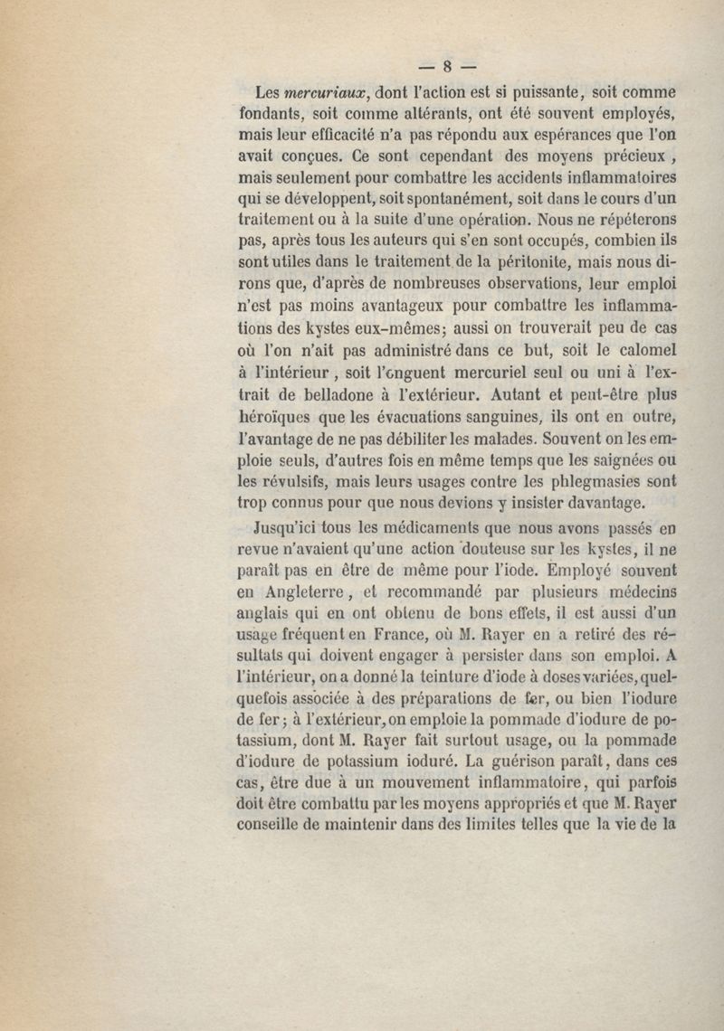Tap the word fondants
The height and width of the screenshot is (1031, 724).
pyautogui.click(x=272, y=116)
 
